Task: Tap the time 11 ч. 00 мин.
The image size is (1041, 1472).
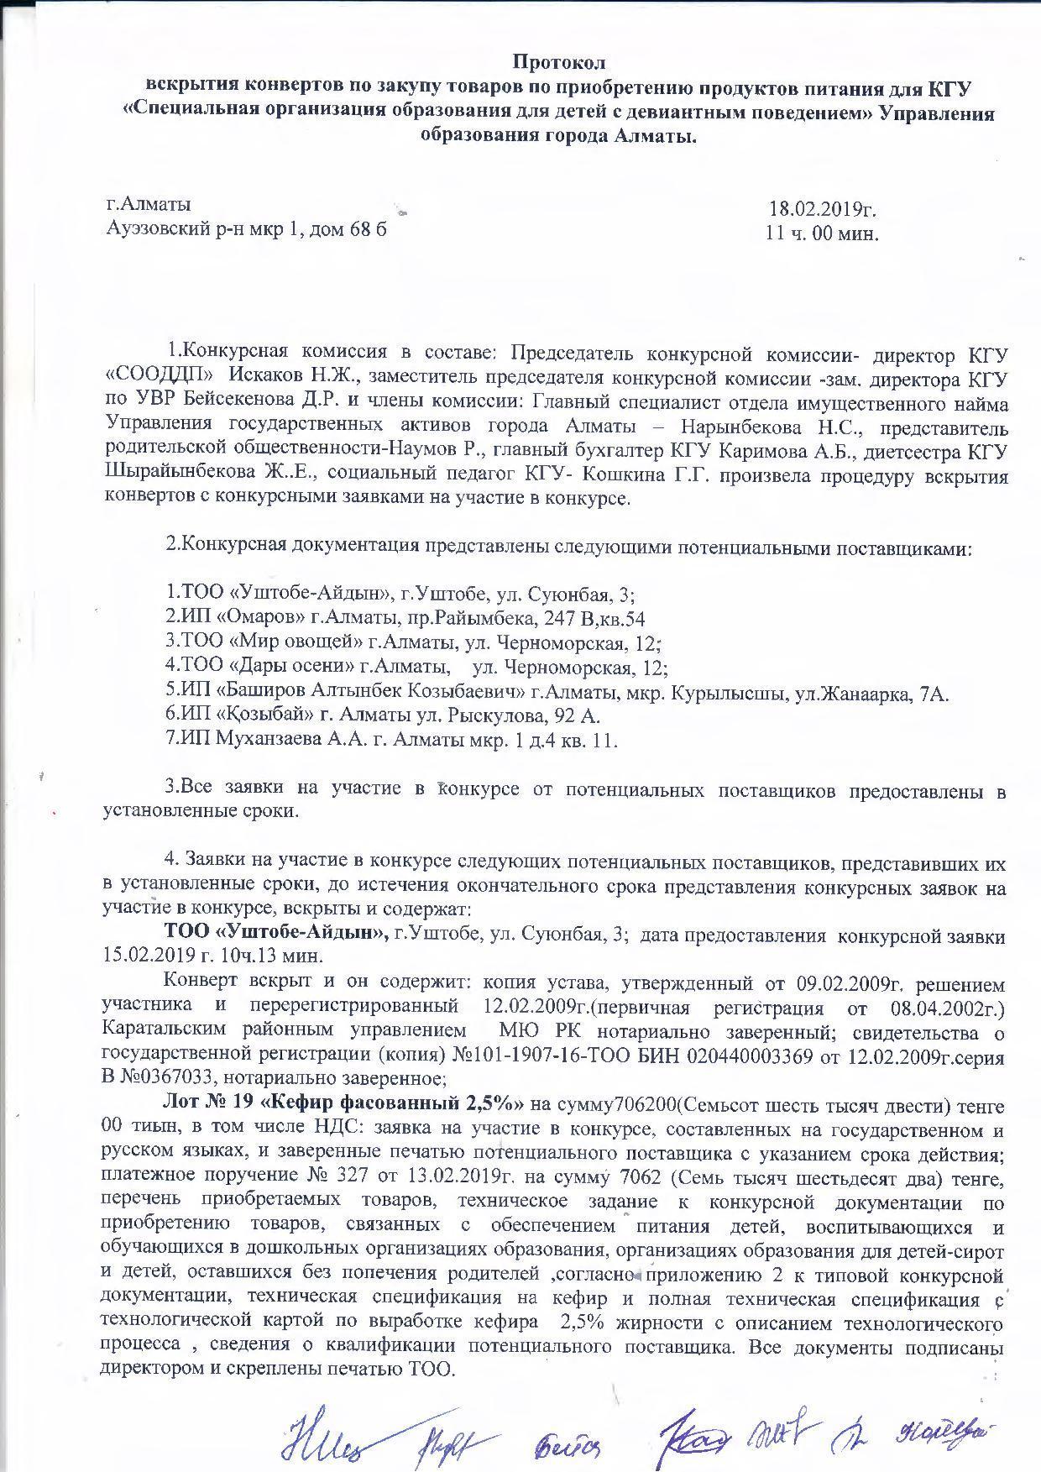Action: pyautogui.click(x=822, y=233)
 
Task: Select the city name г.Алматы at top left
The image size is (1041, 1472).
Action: pyautogui.click(x=148, y=205)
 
